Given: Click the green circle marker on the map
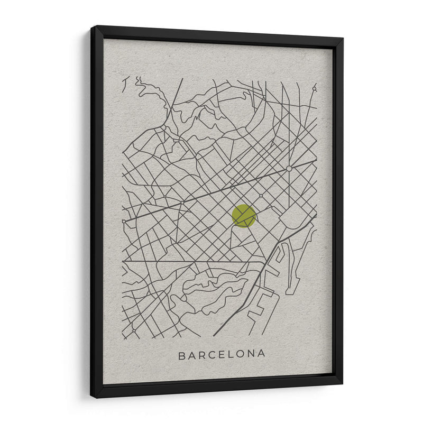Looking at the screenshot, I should pos(244,216).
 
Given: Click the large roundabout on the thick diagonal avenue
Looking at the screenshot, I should pos(289,169).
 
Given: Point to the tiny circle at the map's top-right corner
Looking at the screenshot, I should pos(314,89).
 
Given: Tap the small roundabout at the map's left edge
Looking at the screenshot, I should pos(124,222).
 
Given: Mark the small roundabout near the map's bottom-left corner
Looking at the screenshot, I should pos(133,331).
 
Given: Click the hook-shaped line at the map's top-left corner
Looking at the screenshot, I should pos(126,85).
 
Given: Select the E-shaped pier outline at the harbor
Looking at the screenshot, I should pos(259,307).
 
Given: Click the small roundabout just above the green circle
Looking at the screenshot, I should pos(260,196).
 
